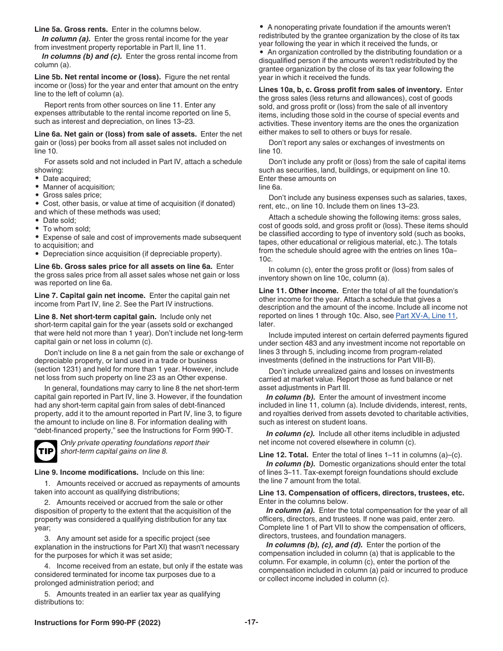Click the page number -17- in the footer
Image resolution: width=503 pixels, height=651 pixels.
(251, 622)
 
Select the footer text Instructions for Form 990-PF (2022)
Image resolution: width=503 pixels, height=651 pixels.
(97, 622)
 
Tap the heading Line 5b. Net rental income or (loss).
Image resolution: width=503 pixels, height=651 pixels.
(98, 77)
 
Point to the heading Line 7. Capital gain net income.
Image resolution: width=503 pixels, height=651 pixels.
(90, 295)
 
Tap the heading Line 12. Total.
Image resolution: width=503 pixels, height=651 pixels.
(283, 455)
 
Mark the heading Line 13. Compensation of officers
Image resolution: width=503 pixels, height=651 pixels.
(362, 493)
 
